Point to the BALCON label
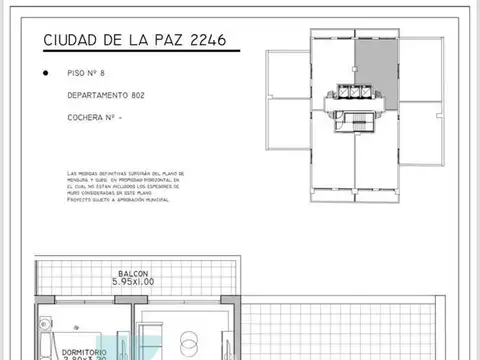tap(134, 273)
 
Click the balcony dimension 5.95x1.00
tap(134, 282)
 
